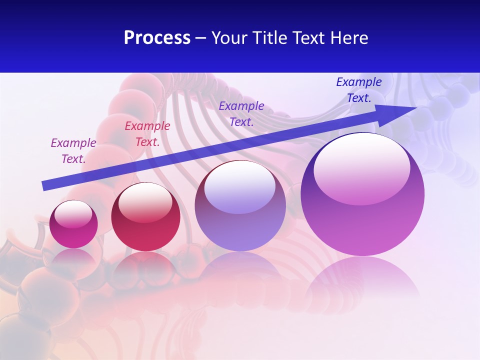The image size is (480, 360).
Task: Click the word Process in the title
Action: point(157,38)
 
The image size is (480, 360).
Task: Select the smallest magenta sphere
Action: point(73,224)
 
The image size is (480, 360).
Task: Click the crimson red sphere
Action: point(145,217)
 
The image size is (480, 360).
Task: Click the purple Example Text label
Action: point(73,150)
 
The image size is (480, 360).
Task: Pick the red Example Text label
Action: point(147,134)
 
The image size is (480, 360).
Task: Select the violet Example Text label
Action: point(241,113)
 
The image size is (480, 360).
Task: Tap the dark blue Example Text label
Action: point(359,90)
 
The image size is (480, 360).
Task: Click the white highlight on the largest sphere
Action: point(361,167)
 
